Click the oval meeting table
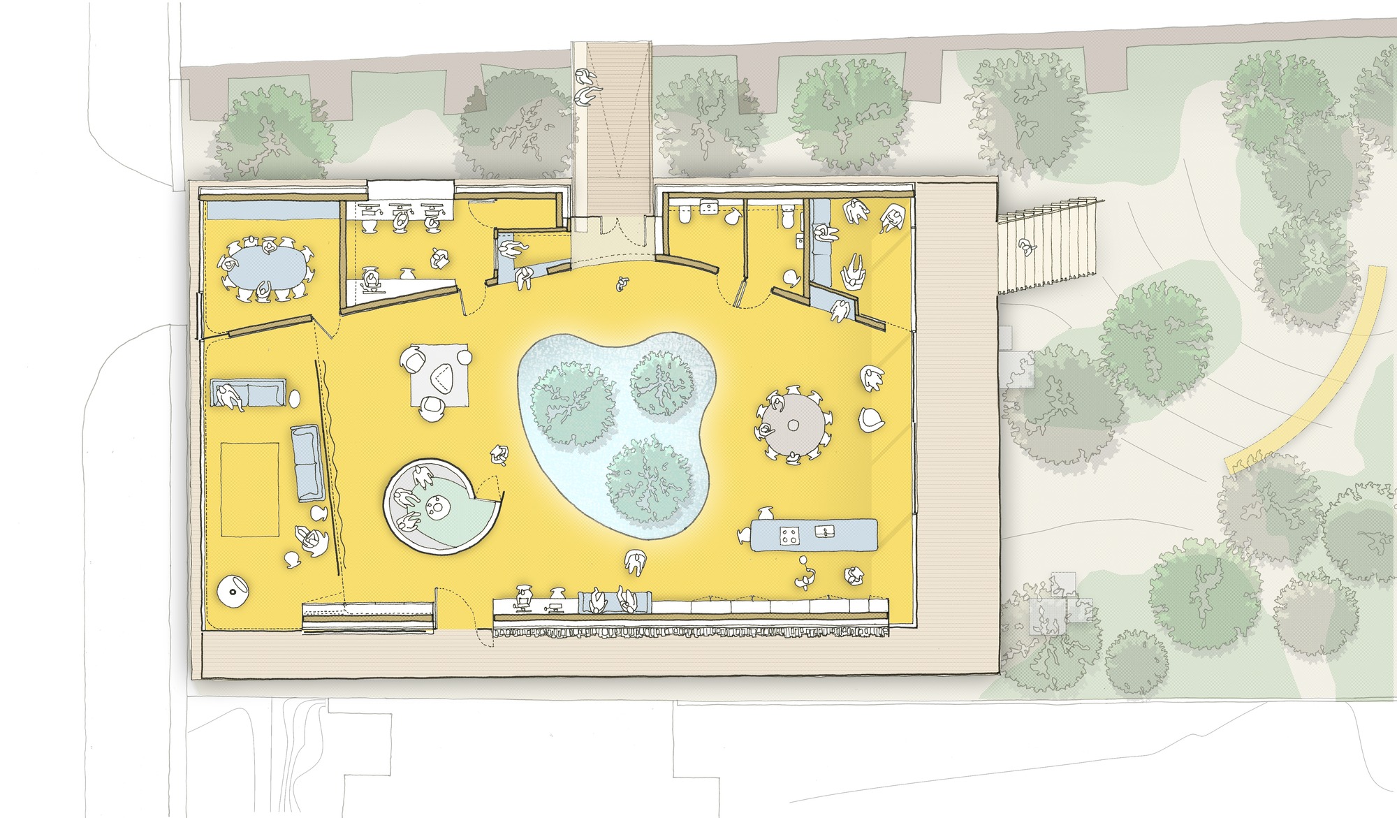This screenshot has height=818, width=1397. pos(268,270)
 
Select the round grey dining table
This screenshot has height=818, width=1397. pos(793,424)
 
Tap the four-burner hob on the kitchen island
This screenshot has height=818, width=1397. pos(789,536)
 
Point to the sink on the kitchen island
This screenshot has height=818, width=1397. pos(825,532)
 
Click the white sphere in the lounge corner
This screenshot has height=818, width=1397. pos(233,591)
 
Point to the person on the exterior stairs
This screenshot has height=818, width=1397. pos(1025,246)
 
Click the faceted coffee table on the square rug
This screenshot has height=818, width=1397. pos(441,379)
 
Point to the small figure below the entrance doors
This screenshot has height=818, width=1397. pos(621,284)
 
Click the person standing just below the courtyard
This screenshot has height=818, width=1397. pos(634,562)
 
